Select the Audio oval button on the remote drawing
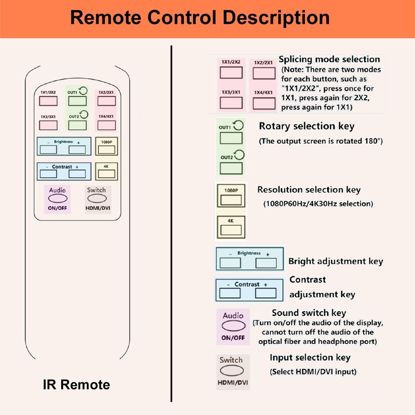(57, 199)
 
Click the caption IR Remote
(76, 385)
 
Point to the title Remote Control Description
(200, 18)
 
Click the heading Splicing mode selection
(329, 59)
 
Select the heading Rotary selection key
(307, 126)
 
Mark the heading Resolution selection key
(309, 190)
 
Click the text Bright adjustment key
(336, 261)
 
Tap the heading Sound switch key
(309, 313)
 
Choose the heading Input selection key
(310, 357)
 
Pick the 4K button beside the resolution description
(231, 228)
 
